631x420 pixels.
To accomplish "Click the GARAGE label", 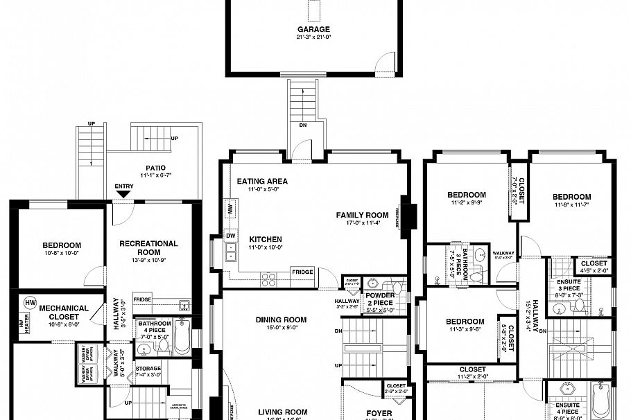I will pos(313,30).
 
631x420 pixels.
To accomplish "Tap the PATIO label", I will pos(155,168).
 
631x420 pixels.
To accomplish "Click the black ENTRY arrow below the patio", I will pos(123,194).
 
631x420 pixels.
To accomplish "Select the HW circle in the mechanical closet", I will pos(30,303).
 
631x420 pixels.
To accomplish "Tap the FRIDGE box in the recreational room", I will pos(143,299).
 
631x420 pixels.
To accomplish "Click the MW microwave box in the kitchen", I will pos(230,208).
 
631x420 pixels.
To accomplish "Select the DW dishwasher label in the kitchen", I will pos(230,236).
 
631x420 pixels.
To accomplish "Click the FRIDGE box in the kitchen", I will pos(302,272).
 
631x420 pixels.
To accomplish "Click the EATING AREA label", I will pos(262,182).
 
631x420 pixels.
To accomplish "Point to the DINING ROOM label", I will pos(281,320).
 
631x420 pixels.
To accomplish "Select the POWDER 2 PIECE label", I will pos(380,299).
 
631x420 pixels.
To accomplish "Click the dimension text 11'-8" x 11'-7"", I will pos(571,205).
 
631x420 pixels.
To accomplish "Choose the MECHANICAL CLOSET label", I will pos(63,311).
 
